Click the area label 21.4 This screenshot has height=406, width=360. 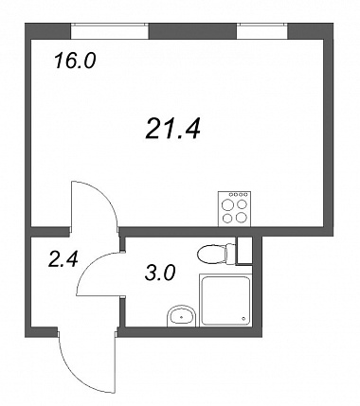coord(173,128)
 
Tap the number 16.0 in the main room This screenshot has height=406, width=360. coord(75,61)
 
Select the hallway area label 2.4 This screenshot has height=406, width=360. coord(63,260)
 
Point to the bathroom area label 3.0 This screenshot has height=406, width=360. coord(160,273)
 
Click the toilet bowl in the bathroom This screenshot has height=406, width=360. coord(211,254)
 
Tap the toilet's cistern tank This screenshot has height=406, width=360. coord(231,254)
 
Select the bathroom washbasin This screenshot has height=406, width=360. coord(181,315)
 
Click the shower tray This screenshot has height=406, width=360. coord(225,300)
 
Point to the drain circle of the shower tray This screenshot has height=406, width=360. coord(243,319)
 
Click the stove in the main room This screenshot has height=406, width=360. coord(235,208)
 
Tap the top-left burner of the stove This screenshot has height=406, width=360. coord(226,205)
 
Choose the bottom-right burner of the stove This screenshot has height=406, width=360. coord(242,217)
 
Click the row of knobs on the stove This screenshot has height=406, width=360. coord(235,195)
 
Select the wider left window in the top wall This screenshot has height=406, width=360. coord(109,30)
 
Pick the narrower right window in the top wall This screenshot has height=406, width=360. coord(262,30)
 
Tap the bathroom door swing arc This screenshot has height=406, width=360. coord(92,267)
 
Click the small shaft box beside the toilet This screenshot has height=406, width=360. coord(244,251)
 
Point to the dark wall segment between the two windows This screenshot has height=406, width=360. coord(192,31)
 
